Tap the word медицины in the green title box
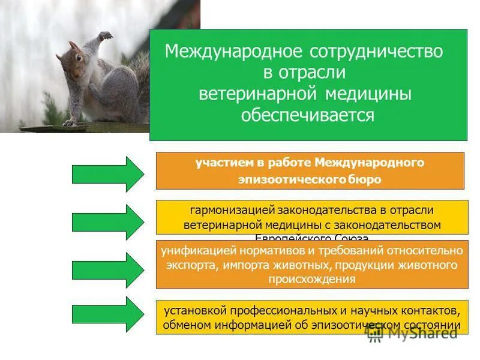coord(369,94)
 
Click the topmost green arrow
coord(108,174)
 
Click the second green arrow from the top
coord(108,222)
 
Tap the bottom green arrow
coord(108,315)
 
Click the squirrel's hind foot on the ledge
coord(72,122)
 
